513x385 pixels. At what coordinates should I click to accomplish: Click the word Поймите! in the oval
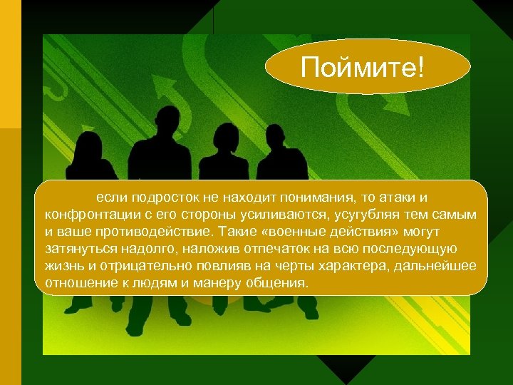coord(362,68)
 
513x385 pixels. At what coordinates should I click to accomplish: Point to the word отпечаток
coord(259,249)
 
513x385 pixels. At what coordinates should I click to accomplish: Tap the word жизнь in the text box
coord(63,266)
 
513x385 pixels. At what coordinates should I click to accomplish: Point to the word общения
coord(280,283)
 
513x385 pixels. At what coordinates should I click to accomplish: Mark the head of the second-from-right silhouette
coord(226,135)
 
